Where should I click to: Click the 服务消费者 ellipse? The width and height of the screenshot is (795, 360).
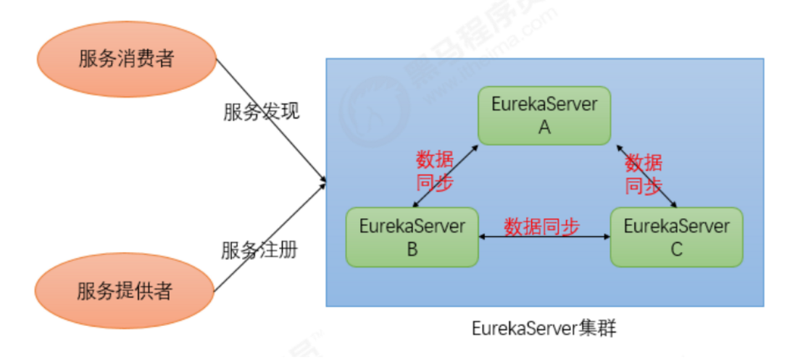pyautogui.click(x=126, y=59)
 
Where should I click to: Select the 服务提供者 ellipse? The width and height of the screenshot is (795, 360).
pyautogui.click(x=125, y=291)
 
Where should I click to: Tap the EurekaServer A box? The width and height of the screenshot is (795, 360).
pyautogui.click(x=544, y=115)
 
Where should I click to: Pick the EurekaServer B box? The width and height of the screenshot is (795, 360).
pyautogui.click(x=412, y=236)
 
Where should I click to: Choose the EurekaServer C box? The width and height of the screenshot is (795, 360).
pyautogui.click(x=676, y=236)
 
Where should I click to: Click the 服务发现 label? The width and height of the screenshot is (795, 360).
pyautogui.click(x=261, y=112)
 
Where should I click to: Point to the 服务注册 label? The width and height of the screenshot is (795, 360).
pyautogui.click(x=259, y=250)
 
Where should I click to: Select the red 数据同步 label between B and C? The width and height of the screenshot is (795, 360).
pyautogui.click(x=542, y=226)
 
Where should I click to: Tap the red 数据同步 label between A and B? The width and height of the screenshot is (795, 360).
pyautogui.click(x=434, y=170)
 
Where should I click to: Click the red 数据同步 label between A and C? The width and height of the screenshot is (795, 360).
pyautogui.click(x=644, y=174)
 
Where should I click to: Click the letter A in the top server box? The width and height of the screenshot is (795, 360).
pyautogui.click(x=544, y=127)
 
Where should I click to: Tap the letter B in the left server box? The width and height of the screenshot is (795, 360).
pyautogui.click(x=412, y=248)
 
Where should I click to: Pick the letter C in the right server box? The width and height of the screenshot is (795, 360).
pyautogui.click(x=676, y=248)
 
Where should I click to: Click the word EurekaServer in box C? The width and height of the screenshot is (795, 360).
pyautogui.click(x=676, y=225)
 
